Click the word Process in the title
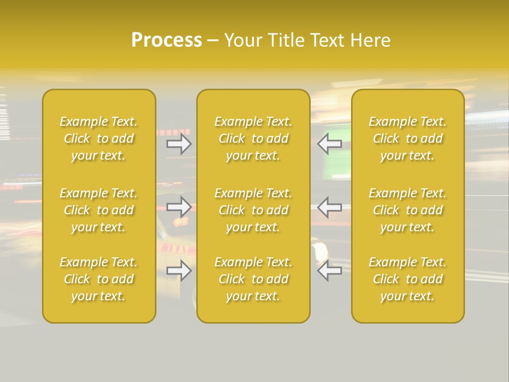tap(166, 40)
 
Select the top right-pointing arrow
tap(179, 144)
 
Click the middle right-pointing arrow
tap(179, 207)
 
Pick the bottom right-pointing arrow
tap(179, 271)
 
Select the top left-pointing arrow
tap(329, 144)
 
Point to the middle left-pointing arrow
tap(329, 207)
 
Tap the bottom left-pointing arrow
tap(329, 271)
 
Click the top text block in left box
tap(99, 138)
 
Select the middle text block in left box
tap(99, 210)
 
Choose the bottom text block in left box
tap(99, 279)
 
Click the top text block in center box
tap(253, 138)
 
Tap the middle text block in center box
tap(253, 210)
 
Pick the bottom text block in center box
tap(253, 279)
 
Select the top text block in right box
tap(408, 138)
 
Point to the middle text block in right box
tap(408, 210)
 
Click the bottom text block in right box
tap(408, 279)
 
